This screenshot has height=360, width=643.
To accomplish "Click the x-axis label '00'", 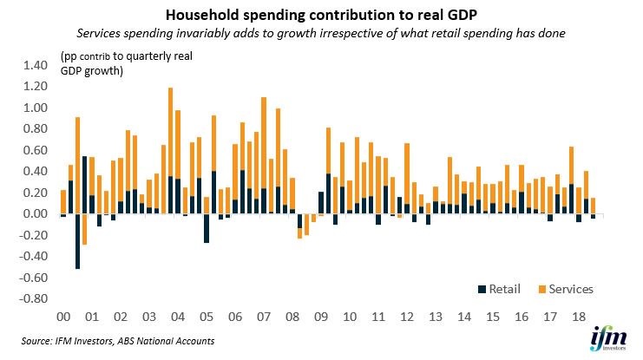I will click(62, 317).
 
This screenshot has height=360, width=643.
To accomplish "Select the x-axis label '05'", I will click(207, 317).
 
